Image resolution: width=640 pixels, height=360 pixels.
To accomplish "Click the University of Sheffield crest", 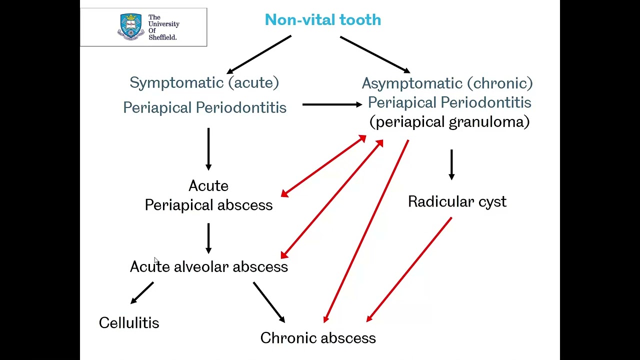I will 130,26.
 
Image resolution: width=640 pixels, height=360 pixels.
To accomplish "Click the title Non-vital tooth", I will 322,20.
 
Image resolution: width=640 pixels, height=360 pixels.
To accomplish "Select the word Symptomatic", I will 176,83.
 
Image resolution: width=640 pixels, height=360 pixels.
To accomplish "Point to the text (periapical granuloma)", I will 449,122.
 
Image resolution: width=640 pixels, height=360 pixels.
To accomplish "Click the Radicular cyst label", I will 457,201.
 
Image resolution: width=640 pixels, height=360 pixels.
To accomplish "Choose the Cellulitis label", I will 129,323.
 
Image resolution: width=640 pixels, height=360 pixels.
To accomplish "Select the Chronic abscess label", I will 318,338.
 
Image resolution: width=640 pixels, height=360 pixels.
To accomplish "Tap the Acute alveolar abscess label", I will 208,267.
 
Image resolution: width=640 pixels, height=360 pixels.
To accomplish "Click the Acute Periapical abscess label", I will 208,195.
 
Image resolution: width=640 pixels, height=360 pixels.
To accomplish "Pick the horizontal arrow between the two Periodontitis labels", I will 332,104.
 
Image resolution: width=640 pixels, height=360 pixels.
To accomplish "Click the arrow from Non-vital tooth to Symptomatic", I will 259,54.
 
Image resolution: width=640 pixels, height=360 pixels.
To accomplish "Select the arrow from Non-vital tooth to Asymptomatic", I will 375,54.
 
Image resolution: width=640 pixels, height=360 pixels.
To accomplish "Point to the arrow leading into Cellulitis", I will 142,293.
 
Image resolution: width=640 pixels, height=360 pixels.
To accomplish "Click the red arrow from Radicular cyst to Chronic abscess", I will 409,269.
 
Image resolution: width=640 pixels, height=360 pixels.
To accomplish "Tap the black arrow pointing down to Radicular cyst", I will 451,164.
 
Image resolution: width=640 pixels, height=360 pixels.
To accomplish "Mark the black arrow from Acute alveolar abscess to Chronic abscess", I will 268,302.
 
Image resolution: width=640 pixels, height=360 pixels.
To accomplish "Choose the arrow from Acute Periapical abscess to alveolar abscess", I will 208,238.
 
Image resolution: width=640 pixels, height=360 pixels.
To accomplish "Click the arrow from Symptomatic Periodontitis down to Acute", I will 208,149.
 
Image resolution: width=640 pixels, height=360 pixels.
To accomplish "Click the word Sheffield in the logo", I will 162,37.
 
